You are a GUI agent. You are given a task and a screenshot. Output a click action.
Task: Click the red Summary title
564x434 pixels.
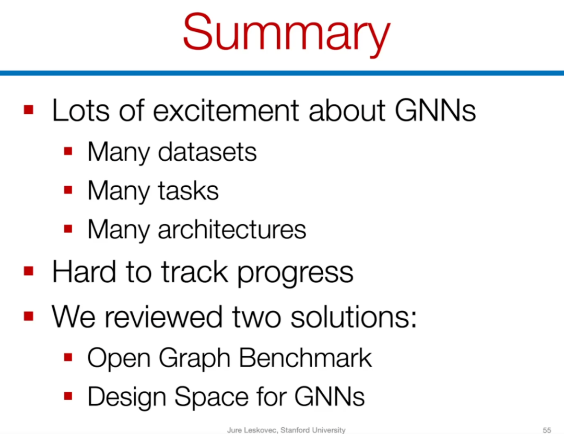pyautogui.click(x=286, y=34)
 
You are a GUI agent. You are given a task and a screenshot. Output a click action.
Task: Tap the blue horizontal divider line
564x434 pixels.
pyautogui.click(x=282, y=73)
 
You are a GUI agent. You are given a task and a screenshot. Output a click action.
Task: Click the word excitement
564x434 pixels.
pyautogui.click(x=226, y=110)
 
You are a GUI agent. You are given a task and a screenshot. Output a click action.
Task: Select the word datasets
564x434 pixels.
pyautogui.click(x=207, y=152)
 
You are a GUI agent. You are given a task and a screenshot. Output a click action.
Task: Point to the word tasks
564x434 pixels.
pyautogui.click(x=188, y=190)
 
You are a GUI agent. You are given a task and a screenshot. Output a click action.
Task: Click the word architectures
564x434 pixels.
pyautogui.click(x=232, y=229)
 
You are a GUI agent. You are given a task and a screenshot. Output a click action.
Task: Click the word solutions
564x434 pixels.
pyautogui.click(x=353, y=317)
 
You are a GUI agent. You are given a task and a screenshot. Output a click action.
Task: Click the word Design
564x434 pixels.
pyautogui.click(x=126, y=397)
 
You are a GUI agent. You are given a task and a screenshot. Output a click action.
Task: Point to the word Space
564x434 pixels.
pyautogui.click(x=212, y=397)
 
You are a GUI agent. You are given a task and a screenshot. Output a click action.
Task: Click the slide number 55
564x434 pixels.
pyautogui.click(x=547, y=430)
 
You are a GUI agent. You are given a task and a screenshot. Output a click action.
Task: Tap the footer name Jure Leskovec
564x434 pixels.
pyautogui.click(x=252, y=430)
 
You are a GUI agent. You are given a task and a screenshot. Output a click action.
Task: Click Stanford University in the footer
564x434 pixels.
pyautogui.click(x=313, y=430)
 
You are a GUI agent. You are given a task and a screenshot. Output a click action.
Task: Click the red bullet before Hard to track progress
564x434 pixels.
pyautogui.click(x=28, y=271)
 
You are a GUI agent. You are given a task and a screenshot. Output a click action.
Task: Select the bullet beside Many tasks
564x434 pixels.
pyautogui.click(x=68, y=190)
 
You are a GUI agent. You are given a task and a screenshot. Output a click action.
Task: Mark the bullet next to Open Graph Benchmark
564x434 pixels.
pyautogui.click(x=68, y=357)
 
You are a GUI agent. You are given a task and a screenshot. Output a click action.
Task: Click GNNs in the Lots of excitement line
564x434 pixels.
pyautogui.click(x=435, y=110)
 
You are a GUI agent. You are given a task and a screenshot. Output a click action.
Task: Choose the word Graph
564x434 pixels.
pyautogui.click(x=195, y=358)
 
